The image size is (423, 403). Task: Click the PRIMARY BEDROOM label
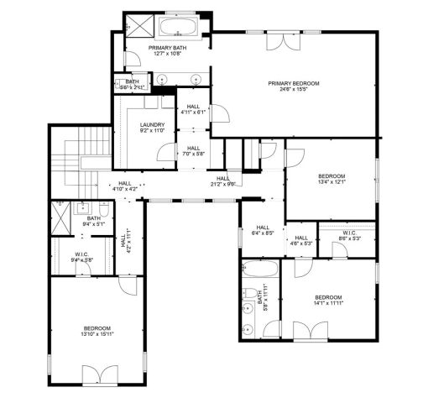pyautogui.click(x=294, y=83)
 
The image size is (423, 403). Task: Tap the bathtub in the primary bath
pyautogui.click(x=179, y=28)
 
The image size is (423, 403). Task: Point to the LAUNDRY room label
pyautogui.click(x=152, y=126)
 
